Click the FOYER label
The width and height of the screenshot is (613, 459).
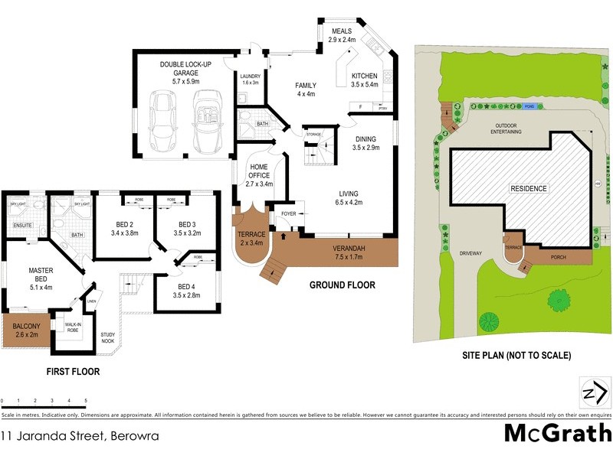288,214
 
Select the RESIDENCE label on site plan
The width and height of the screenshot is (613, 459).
529,188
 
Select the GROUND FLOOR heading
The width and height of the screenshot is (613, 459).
342,285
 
